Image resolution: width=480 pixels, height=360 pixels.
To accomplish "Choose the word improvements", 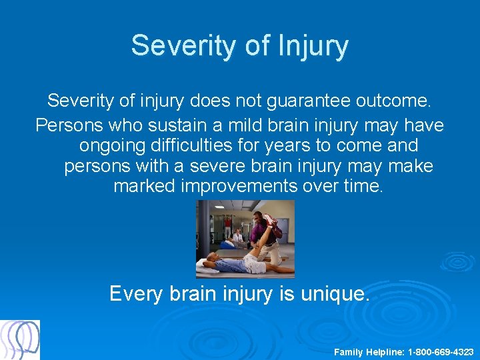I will click(x=239, y=186).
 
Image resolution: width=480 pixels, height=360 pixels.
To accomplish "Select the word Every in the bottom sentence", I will click(x=135, y=293).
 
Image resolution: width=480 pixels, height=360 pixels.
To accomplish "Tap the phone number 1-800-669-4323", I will click(x=441, y=351).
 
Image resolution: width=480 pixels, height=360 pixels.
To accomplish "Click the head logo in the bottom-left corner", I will click(x=20, y=340).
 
